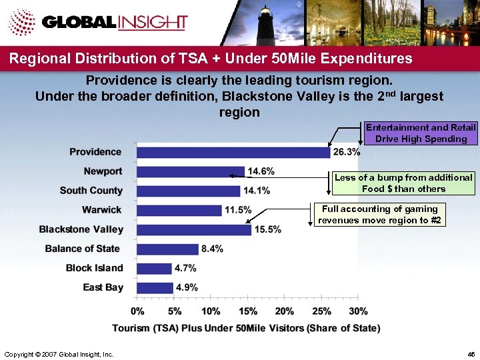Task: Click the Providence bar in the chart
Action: [233, 152]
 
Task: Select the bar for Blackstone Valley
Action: [194, 229]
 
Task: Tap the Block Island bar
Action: [154, 268]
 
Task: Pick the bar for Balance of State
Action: [167, 249]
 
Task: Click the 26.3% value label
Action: [346, 152]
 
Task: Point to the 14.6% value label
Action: [261, 171]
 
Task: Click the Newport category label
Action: [103, 171]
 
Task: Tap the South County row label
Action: [91, 191]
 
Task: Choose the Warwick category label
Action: [102, 210]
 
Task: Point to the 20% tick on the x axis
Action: [284, 311]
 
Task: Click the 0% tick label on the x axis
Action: [137, 311]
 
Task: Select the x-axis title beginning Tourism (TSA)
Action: [246, 328]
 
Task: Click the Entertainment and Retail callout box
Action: [421, 133]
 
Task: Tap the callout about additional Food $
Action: [403, 183]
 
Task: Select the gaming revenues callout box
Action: [379, 215]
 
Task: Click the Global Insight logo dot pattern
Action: [23, 24]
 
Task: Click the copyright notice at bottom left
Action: [59, 353]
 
